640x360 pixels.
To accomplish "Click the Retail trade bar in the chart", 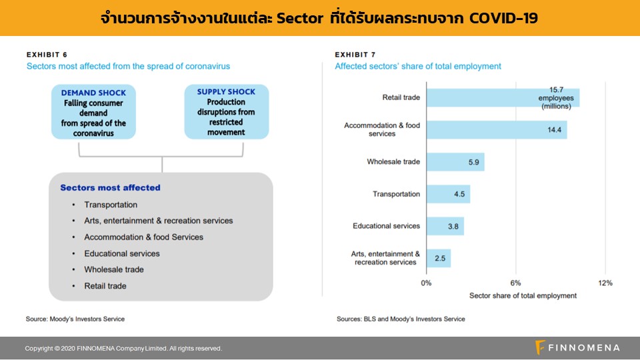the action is click(503, 97).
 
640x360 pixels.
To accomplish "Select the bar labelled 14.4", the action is click(497, 130).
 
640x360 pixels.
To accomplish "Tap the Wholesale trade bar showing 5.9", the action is click(455, 162).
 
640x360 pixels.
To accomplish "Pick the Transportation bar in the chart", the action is click(448, 194).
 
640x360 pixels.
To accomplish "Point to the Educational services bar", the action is click(445, 226).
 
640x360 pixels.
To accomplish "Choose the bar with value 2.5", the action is click(439, 259).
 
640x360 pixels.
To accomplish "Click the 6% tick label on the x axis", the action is click(515, 283).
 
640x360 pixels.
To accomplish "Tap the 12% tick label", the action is click(605, 283).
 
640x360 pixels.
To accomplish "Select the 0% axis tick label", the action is click(426, 283).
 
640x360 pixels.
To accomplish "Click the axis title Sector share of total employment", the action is click(523, 295).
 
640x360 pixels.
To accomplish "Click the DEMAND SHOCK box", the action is click(93, 112).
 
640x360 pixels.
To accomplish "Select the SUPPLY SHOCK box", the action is click(227, 112).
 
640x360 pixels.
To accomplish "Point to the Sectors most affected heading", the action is click(110, 188).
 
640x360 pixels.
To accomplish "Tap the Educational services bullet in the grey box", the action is click(121, 253).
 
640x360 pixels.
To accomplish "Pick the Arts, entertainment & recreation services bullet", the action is click(159, 221).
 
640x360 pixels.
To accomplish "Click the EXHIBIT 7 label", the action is click(355, 55).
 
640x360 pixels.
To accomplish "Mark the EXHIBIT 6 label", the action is click(47, 55).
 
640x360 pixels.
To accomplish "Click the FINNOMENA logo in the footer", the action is click(577, 348).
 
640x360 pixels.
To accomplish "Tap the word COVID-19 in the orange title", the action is click(503, 18).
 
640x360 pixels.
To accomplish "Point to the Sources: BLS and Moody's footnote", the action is click(401, 319).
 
